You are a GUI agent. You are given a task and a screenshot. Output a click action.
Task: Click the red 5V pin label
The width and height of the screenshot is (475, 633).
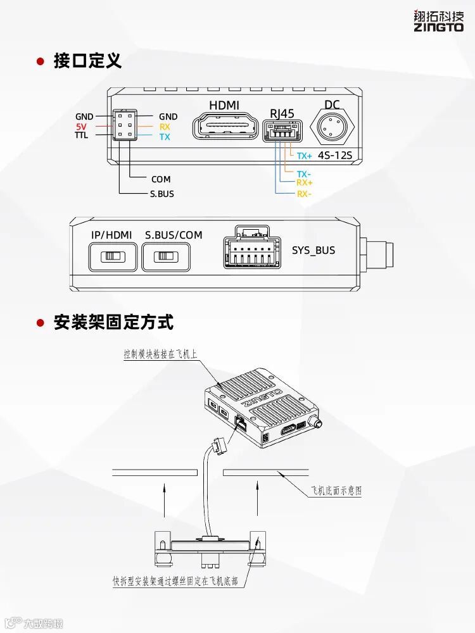[x=81, y=127]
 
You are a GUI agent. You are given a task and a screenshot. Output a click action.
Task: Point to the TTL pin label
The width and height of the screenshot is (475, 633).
[x=81, y=135]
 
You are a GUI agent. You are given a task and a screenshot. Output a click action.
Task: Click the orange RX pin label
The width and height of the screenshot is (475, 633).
[x=165, y=127]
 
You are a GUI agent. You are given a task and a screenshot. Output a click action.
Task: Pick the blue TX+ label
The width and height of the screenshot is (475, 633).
[x=305, y=155]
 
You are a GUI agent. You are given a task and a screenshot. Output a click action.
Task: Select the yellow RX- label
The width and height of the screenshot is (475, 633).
[x=304, y=194]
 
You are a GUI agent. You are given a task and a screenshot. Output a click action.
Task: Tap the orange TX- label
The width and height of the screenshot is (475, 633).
[x=304, y=174]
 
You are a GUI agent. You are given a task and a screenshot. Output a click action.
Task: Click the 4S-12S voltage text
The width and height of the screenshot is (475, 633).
[x=334, y=155]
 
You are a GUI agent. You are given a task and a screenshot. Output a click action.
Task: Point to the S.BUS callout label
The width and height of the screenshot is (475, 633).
[x=161, y=194]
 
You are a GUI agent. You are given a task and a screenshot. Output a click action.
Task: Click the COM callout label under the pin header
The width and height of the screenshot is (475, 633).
[x=161, y=179]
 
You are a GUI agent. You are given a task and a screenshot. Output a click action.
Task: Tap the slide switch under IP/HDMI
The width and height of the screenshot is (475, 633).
[x=113, y=257]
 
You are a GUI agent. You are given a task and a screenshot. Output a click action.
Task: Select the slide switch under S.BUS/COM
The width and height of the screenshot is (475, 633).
[x=166, y=257]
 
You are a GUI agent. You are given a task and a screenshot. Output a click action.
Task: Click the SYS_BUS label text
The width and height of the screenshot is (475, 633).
[x=313, y=250]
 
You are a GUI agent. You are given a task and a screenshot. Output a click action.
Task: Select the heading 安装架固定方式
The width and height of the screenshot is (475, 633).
[x=113, y=322]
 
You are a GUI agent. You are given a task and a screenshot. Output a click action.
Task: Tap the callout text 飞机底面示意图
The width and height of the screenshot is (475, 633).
[x=336, y=491]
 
